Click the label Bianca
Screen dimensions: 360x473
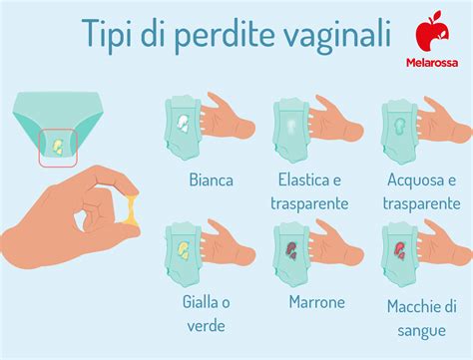tap(211, 180)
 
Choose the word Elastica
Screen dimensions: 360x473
tap(301, 180)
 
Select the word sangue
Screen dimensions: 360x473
tap(420, 328)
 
